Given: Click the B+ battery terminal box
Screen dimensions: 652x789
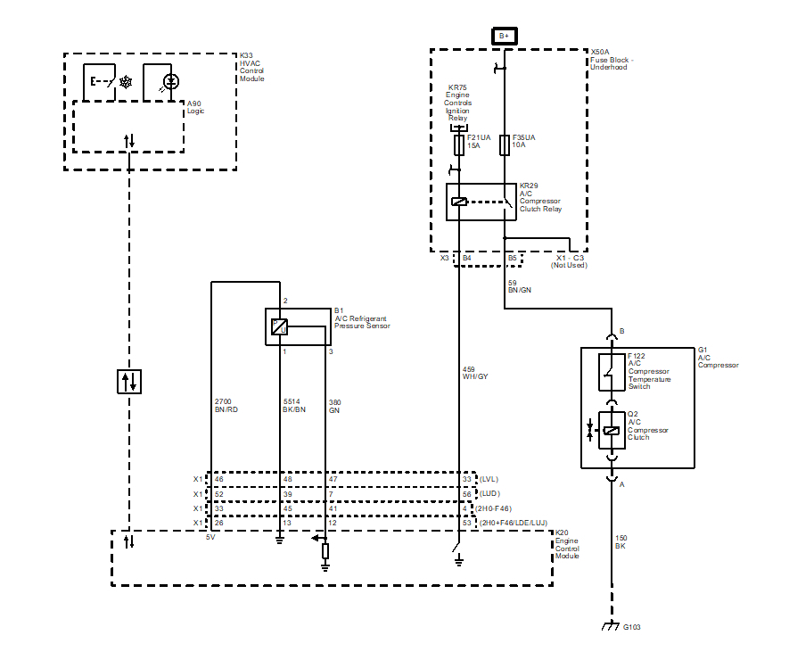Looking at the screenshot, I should point(504,36).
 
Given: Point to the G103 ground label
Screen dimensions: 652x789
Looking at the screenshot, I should point(632,627).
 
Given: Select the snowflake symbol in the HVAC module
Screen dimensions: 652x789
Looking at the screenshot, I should point(127,82).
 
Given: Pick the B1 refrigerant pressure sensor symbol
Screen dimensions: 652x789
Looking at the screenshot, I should point(279,327).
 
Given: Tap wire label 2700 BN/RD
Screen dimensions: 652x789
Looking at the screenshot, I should point(226,405).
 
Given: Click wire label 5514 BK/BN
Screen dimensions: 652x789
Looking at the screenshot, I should point(294,405).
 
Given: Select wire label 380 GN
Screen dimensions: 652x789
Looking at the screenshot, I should point(335,405).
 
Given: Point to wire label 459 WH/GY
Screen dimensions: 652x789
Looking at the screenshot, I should point(474,372).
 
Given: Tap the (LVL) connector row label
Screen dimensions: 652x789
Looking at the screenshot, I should point(489,479).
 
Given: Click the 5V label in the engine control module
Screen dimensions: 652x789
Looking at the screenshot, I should point(210,537).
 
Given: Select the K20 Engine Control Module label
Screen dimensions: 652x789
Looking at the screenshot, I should point(567,544).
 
